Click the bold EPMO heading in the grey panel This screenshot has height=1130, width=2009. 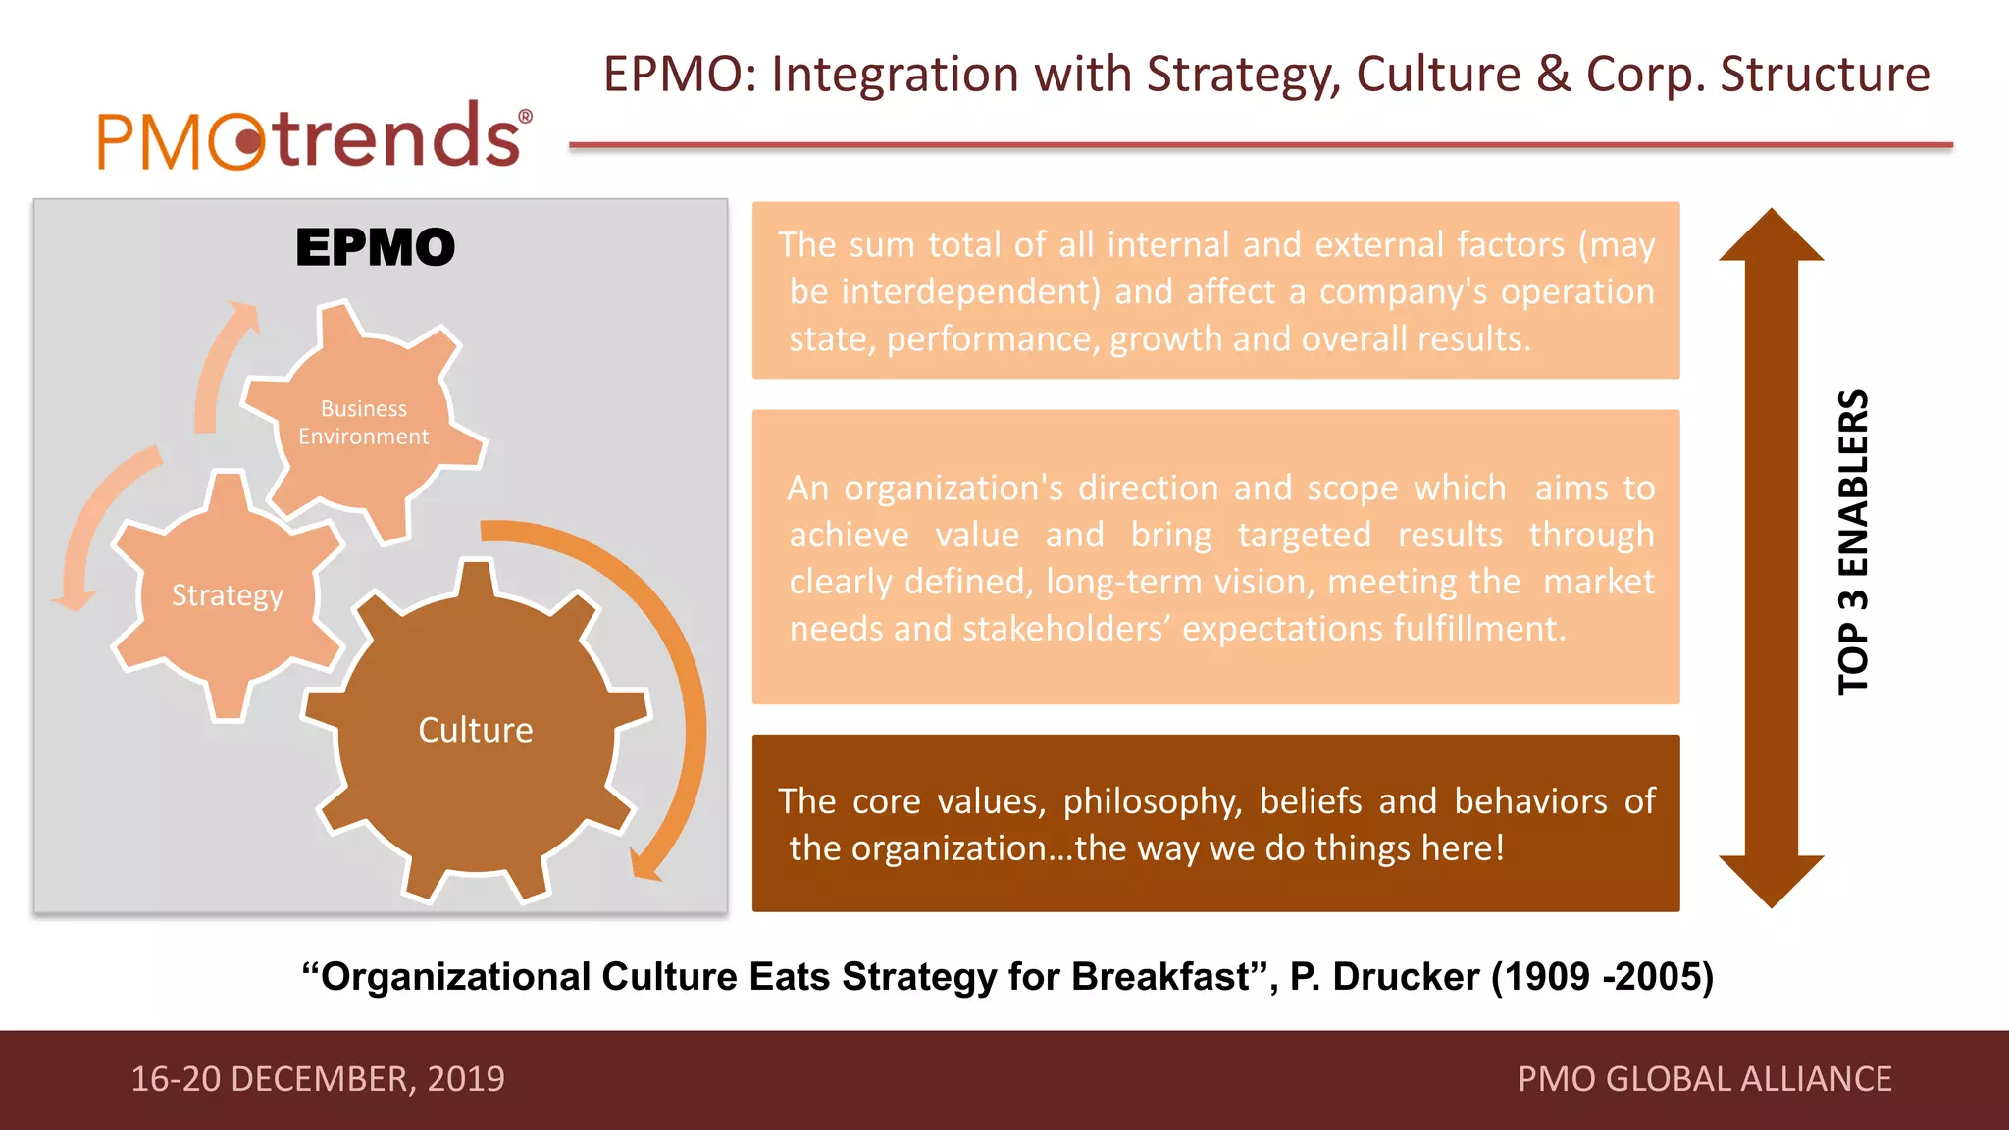(376, 247)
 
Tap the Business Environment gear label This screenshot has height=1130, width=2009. (364, 423)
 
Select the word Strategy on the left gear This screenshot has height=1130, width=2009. (228, 595)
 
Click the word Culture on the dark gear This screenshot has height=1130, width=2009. (476, 730)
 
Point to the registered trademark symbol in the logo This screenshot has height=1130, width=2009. (526, 118)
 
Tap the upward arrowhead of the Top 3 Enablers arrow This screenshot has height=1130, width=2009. (1771, 235)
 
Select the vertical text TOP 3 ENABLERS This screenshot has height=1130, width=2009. (1853, 542)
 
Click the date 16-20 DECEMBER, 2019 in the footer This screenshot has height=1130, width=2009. (318, 1079)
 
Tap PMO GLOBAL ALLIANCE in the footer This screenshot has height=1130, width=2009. (1704, 1079)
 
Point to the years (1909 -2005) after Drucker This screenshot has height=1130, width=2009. (1602, 977)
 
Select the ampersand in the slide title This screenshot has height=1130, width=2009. (1553, 75)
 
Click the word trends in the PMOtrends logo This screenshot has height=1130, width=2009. (397, 137)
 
